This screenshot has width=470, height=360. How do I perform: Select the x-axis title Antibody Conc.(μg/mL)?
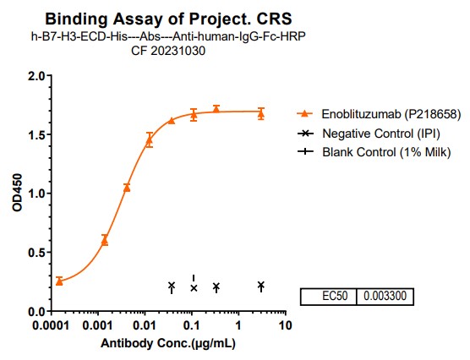click(x=167, y=344)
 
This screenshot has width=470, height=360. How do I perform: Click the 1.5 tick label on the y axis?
click(x=35, y=134)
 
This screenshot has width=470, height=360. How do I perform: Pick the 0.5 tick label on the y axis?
click(x=35, y=252)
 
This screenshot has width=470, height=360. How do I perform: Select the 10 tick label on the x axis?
click(x=285, y=325)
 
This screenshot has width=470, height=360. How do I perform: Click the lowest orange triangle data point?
click(x=59, y=281)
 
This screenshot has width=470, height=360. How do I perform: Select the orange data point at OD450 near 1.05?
click(x=127, y=188)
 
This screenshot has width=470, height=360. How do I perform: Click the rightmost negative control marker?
click(x=260, y=286)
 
